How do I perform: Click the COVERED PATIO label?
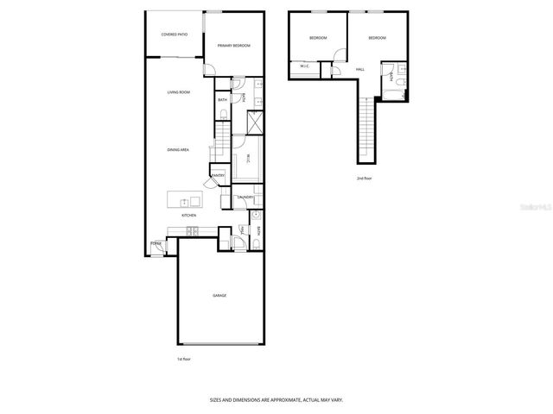click(x=175, y=34)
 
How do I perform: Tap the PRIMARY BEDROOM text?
click(x=234, y=46)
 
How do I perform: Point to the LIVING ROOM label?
click(x=179, y=92)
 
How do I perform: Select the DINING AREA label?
click(x=179, y=150)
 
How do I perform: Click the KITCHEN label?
click(x=176, y=216)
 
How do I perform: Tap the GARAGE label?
click(x=219, y=296)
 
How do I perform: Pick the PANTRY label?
click(x=218, y=177)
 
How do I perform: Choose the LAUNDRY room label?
click(x=245, y=198)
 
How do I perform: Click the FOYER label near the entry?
click(x=156, y=244)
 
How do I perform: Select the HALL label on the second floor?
click(x=360, y=69)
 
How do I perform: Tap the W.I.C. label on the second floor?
click(x=305, y=66)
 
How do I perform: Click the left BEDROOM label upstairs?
click(x=319, y=38)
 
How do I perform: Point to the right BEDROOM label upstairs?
click(x=377, y=38)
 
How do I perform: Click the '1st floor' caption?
click(x=183, y=359)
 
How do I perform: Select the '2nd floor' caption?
click(x=364, y=179)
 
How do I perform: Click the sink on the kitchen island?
click(x=184, y=202)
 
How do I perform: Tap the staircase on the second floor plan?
click(x=367, y=129)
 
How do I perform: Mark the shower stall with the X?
click(x=254, y=122)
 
